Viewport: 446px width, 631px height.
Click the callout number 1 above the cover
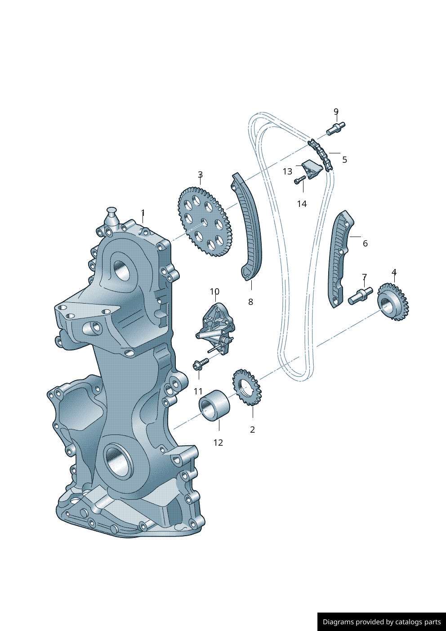click(143, 212)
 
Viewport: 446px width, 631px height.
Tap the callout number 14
click(302, 204)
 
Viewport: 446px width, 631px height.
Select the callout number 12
click(218, 443)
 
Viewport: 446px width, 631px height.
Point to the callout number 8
click(250, 302)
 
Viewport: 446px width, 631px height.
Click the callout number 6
click(365, 243)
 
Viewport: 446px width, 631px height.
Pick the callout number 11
click(198, 391)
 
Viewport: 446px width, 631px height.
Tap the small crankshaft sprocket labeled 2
click(247, 387)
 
